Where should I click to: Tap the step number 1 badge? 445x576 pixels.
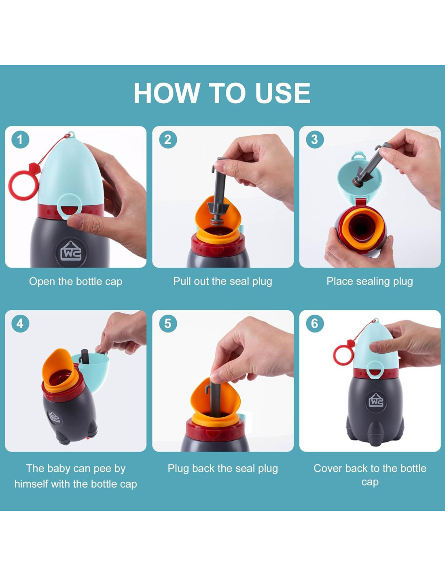tap(20, 139)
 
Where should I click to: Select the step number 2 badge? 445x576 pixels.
tap(168, 139)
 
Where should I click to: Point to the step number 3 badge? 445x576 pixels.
tap(315, 139)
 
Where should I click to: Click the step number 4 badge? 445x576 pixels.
tap(20, 324)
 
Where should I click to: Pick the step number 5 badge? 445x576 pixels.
tap(168, 324)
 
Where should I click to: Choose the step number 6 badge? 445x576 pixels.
tap(315, 324)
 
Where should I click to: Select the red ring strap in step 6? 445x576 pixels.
tap(335, 352)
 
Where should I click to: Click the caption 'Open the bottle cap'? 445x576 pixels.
tap(76, 282)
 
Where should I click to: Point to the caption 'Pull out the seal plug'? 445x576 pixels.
tap(222, 282)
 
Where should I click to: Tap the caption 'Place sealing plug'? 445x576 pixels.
tap(370, 282)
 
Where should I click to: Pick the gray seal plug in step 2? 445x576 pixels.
tap(219, 191)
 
